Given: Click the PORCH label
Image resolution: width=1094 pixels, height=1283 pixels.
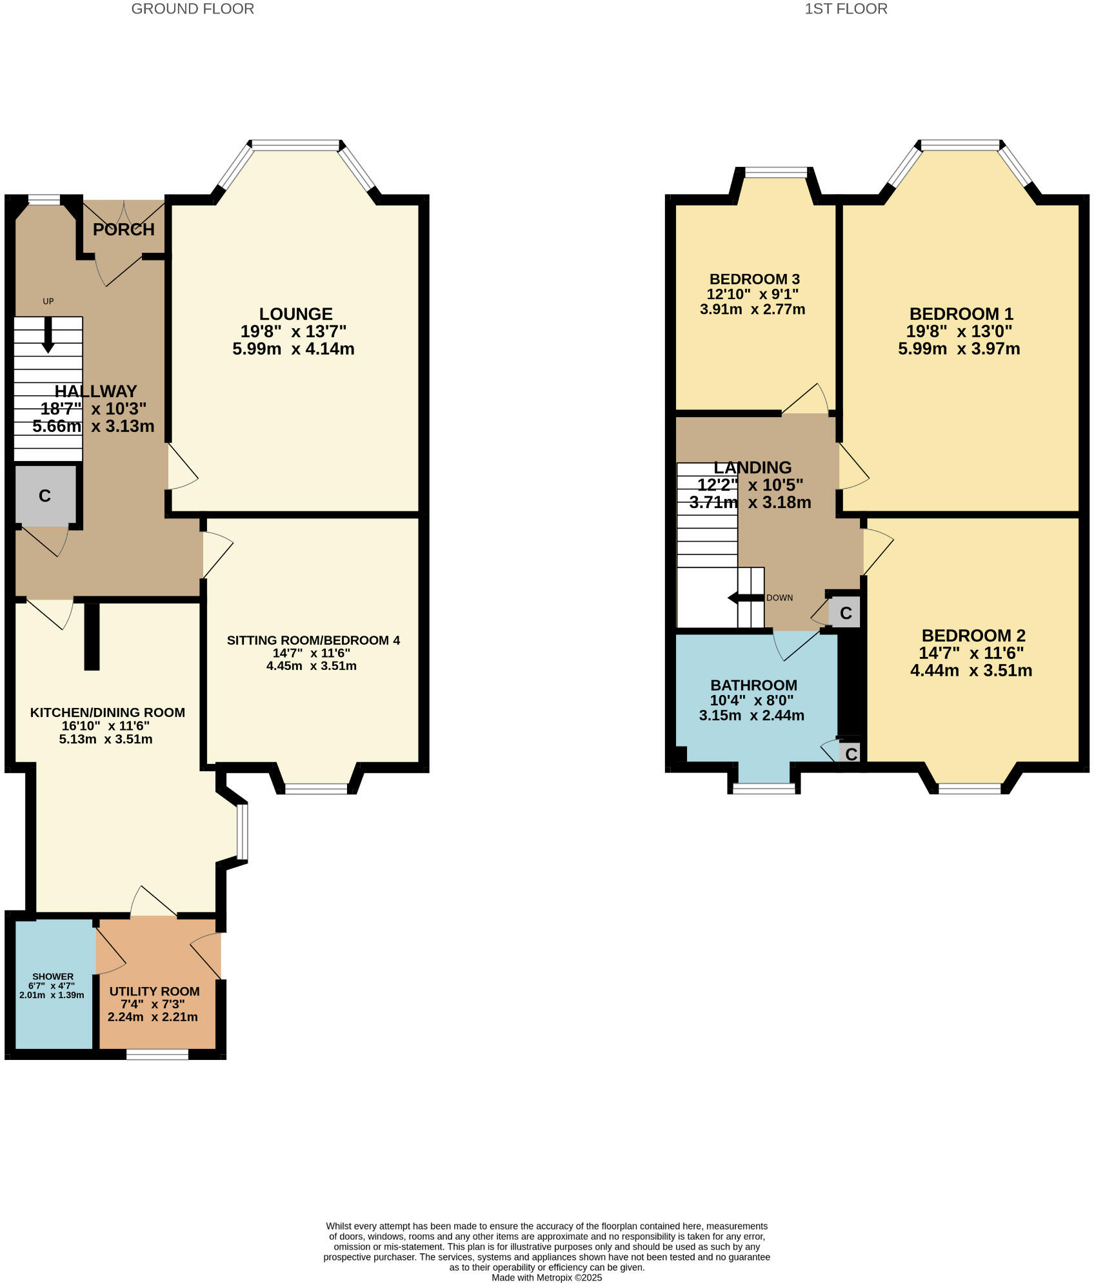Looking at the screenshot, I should [124, 230].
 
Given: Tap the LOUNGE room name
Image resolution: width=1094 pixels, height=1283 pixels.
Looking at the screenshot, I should [295, 314].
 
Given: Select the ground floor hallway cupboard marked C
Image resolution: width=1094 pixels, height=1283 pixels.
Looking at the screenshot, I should [45, 495].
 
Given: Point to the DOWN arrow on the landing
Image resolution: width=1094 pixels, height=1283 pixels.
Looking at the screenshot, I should [742, 598].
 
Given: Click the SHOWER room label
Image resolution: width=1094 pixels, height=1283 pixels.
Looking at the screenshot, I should [53, 976].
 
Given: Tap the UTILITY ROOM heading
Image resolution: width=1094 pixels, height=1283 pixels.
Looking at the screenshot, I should [154, 991].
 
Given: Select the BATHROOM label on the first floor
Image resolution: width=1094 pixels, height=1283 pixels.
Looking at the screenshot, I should [753, 685].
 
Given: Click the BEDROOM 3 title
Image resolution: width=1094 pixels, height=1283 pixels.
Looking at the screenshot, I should [754, 279].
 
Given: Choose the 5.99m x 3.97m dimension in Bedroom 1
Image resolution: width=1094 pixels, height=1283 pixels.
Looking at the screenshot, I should [959, 349].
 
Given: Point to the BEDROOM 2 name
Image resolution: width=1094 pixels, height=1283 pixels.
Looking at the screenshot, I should [973, 635].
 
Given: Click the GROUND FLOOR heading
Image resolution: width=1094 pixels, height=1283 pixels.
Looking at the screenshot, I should [192, 9].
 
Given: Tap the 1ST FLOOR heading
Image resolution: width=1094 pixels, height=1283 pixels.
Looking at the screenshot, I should [846, 9].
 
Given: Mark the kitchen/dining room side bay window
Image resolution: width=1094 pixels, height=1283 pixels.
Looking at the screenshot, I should [242, 832].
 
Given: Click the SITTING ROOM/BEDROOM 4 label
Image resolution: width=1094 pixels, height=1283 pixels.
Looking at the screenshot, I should [313, 640].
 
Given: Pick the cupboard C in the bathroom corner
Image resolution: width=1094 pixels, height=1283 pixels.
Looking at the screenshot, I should [851, 754].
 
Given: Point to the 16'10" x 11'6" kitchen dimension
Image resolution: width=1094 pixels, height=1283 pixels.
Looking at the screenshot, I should [106, 725].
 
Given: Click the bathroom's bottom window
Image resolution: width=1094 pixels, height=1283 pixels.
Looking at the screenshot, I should [764, 788].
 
